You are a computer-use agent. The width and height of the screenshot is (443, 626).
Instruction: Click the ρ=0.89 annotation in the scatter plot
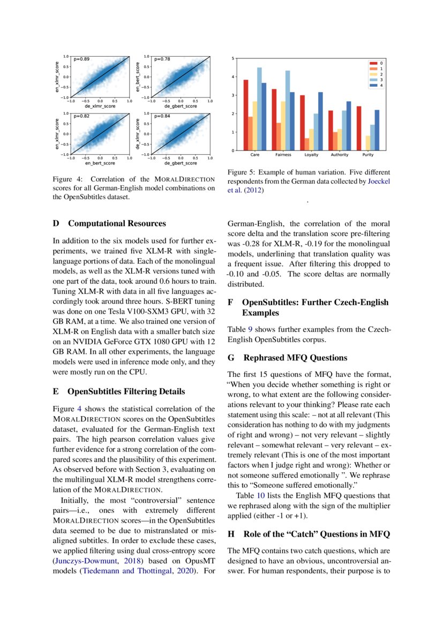click(82, 59)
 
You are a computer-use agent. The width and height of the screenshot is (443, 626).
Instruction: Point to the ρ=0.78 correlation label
click(162, 59)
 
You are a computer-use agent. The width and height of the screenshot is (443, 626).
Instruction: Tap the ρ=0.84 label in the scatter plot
click(162, 116)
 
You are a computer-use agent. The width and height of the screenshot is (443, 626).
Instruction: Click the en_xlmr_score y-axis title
click(57, 77)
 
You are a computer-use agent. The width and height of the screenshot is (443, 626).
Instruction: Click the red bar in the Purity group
click(359, 128)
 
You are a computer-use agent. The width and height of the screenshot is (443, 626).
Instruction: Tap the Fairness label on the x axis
click(283, 155)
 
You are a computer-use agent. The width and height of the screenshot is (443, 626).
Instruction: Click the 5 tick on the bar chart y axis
click(232, 58)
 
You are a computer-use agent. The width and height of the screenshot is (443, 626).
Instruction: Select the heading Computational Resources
click(117, 223)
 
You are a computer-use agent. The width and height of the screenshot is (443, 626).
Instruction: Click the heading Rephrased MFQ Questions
click(295, 358)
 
